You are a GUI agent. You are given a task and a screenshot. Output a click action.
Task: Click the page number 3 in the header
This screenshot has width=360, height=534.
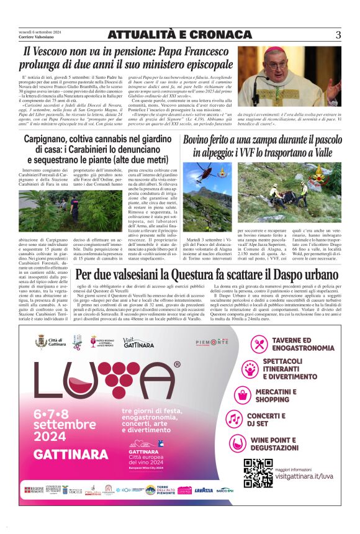click(338, 35)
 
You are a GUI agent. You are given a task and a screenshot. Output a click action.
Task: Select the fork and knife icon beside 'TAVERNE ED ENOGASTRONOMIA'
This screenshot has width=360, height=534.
click(259, 343)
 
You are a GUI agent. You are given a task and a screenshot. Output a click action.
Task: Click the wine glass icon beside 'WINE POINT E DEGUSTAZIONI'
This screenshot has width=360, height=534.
click(259, 445)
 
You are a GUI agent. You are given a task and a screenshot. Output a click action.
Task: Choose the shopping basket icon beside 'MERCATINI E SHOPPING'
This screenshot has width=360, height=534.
click(259, 394)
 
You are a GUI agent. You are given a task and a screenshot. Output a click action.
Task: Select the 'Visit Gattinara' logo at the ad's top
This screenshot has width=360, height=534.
click(138, 343)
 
